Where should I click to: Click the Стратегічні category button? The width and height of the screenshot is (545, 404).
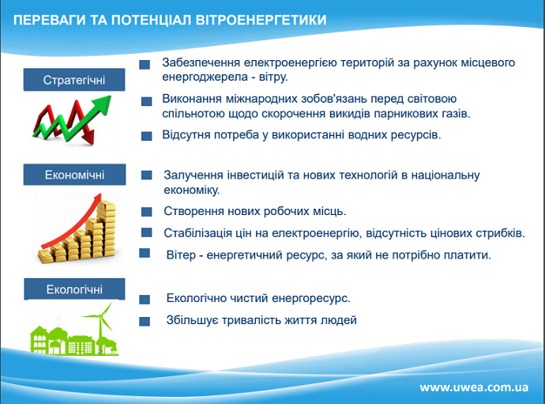point(74,80)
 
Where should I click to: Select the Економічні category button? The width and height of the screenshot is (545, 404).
point(74,175)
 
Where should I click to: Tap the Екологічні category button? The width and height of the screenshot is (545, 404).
point(74,289)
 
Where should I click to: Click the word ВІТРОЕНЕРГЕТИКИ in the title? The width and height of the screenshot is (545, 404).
point(261,20)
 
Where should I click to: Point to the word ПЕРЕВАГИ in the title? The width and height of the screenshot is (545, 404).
point(49,20)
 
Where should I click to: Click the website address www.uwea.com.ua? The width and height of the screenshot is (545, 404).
point(474,387)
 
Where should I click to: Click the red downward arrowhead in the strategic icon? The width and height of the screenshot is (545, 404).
point(89,138)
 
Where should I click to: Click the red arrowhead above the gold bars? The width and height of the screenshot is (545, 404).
point(96,198)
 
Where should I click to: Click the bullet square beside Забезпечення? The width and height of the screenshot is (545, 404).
point(145,65)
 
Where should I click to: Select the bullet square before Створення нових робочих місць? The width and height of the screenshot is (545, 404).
point(147,212)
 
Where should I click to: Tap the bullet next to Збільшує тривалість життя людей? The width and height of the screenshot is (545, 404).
point(145,321)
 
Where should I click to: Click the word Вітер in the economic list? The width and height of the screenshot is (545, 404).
point(181,255)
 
